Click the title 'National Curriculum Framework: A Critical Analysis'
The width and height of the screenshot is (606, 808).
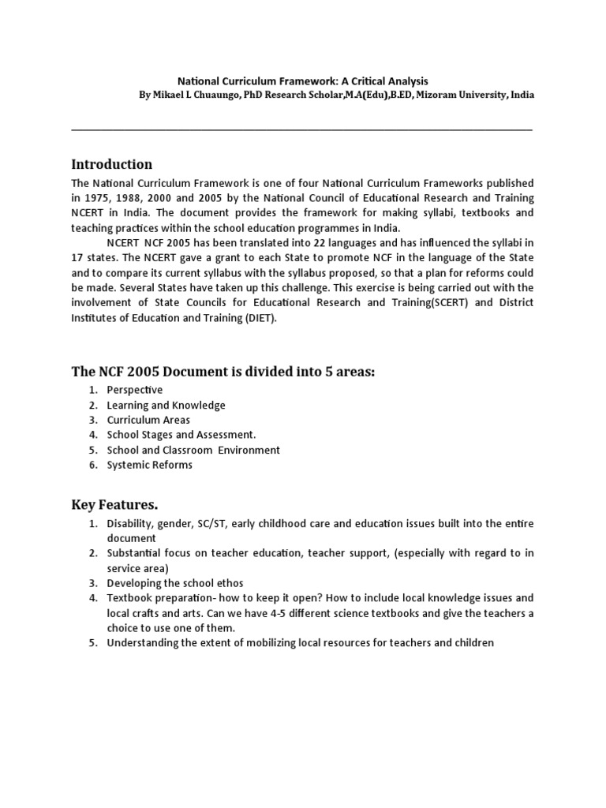[302, 80]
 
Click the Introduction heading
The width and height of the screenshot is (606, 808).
[111, 164]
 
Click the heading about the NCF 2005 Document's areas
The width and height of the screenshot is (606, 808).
[223, 371]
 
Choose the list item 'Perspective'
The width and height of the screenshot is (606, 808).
[134, 390]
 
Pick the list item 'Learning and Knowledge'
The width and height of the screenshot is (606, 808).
[166, 405]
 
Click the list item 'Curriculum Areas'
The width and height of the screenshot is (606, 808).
[148, 420]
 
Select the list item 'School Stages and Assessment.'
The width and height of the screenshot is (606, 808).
[181, 435]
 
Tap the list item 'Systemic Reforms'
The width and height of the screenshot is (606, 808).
[149, 465]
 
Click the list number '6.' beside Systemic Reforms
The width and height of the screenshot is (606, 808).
[92, 465]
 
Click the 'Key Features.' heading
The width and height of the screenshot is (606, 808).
[114, 504]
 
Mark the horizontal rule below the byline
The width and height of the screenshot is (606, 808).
[302, 129]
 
